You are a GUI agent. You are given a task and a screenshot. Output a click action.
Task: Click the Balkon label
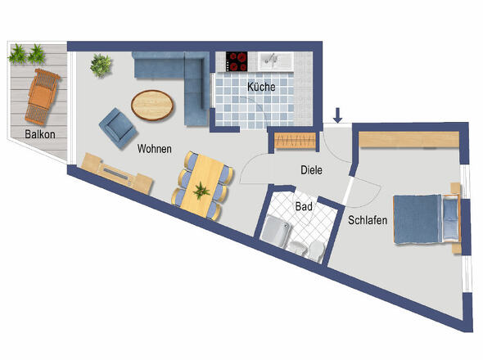click(x=40, y=134)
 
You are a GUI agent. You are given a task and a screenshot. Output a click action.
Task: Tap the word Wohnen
click(x=155, y=149)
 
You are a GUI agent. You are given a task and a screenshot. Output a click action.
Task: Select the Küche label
click(x=261, y=87)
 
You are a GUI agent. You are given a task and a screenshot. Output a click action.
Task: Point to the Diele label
click(x=311, y=170)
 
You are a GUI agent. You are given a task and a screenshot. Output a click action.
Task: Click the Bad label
click(x=304, y=206)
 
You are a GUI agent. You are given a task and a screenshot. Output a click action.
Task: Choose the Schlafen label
click(x=368, y=220)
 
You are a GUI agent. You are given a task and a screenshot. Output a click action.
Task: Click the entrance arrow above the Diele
click(x=338, y=115)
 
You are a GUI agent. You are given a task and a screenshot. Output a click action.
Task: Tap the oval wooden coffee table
click(x=152, y=106)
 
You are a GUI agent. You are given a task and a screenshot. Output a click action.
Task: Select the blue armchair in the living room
click(x=118, y=128)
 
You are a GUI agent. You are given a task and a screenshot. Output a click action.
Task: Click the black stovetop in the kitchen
click(x=237, y=61)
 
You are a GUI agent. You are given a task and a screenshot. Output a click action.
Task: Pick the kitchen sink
click(x=275, y=61)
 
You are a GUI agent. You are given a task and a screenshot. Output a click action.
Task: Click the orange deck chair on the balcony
click(x=43, y=97)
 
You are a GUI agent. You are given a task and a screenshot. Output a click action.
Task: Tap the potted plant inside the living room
click(x=101, y=65)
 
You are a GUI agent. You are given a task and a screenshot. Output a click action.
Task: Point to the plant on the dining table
click(x=201, y=191)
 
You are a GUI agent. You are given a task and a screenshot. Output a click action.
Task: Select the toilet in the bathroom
click(x=316, y=250)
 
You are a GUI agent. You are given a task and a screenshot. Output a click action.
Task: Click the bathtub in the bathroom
click(x=276, y=231)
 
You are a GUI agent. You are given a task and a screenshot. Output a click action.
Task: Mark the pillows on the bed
click(x=450, y=218)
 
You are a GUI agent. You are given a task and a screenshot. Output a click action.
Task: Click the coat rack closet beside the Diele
click(x=295, y=141)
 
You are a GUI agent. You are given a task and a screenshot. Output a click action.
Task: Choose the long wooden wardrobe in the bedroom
click(x=409, y=140)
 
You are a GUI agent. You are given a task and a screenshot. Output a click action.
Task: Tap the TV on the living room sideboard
click(x=115, y=174)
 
